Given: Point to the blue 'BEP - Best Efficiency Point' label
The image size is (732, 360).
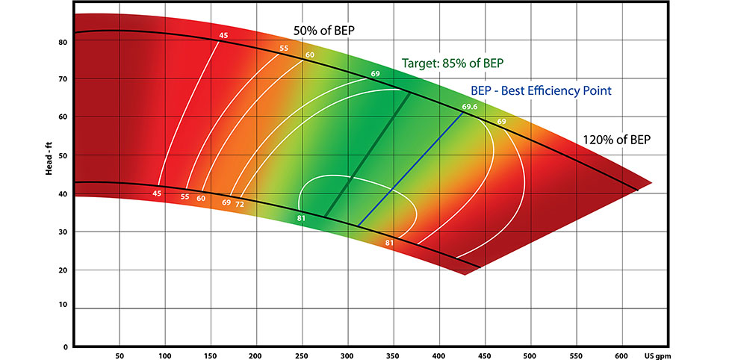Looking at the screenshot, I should click(542, 90).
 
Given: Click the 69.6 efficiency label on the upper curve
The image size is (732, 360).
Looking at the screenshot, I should click(469, 108).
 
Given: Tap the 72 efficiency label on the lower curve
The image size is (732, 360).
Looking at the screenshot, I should click(240, 203).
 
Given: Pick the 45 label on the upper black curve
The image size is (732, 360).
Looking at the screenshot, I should click(223, 35).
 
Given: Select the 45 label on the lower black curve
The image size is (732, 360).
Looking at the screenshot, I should click(157, 193).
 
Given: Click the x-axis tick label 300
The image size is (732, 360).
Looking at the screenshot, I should click(347, 356).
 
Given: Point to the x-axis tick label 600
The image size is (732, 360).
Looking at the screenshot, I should click(622, 356).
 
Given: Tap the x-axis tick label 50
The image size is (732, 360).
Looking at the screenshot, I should click(120, 356).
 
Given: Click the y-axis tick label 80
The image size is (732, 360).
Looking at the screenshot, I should click(63, 42).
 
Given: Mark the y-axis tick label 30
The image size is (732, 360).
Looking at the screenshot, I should click(63, 232).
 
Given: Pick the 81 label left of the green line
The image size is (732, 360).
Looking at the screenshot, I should click(302, 217).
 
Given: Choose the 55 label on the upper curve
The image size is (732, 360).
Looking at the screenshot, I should click(284, 49).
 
